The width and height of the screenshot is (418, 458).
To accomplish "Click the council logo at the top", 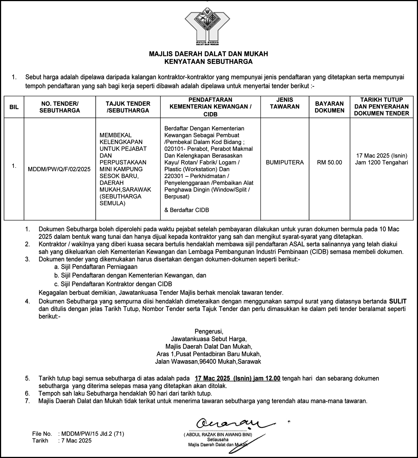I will coord(207,26).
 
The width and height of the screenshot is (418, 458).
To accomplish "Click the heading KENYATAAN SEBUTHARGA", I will coord(208,61).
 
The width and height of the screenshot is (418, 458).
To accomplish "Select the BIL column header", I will coord(14,107).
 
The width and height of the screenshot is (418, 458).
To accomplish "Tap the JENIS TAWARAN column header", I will coord(284,103).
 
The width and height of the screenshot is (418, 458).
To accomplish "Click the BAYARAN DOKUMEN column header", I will coord(330,107).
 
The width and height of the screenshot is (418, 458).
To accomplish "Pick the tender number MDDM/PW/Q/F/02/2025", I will coord(59,169).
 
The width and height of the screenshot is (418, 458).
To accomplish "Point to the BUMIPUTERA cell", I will coord(285,162).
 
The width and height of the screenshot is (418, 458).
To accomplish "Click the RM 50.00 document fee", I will coord(330,162).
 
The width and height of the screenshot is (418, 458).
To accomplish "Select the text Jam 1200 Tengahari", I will coord(382,163).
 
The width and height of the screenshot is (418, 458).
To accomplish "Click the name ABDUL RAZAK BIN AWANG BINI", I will coord(218,435).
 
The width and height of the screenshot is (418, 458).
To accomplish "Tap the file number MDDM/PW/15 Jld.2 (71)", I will coord(93,434).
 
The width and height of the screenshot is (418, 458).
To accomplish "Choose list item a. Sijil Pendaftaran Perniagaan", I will coord(96,267).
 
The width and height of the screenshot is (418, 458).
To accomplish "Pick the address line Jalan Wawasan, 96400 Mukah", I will coord(208,361).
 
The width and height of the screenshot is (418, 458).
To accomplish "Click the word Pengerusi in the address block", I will coord(209,331).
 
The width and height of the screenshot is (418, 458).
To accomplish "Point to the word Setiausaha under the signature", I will coord(218,440).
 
